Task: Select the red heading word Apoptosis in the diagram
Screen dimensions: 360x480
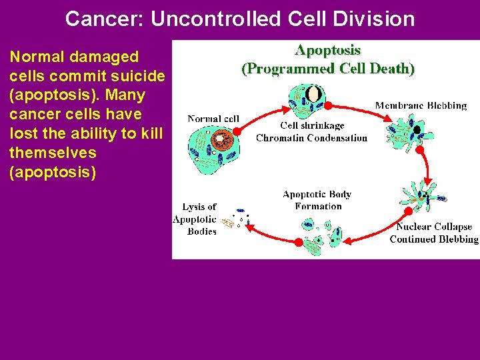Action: click(x=328, y=50)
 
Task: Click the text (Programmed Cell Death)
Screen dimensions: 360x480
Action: click(x=328, y=68)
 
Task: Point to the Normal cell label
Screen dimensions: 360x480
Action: click(x=213, y=119)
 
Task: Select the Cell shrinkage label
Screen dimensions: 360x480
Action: click(x=311, y=126)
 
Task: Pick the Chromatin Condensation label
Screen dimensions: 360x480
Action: click(x=311, y=138)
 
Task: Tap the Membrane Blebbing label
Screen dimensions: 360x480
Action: click(x=421, y=105)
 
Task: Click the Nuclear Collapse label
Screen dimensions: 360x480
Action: click(x=434, y=227)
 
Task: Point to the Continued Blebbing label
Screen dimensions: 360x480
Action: click(x=434, y=239)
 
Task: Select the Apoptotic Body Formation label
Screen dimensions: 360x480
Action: click(x=317, y=200)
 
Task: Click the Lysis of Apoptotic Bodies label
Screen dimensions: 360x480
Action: click(x=195, y=219)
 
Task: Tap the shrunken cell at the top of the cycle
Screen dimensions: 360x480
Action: click(x=306, y=99)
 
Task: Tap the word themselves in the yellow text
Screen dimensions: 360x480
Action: click(x=53, y=153)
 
